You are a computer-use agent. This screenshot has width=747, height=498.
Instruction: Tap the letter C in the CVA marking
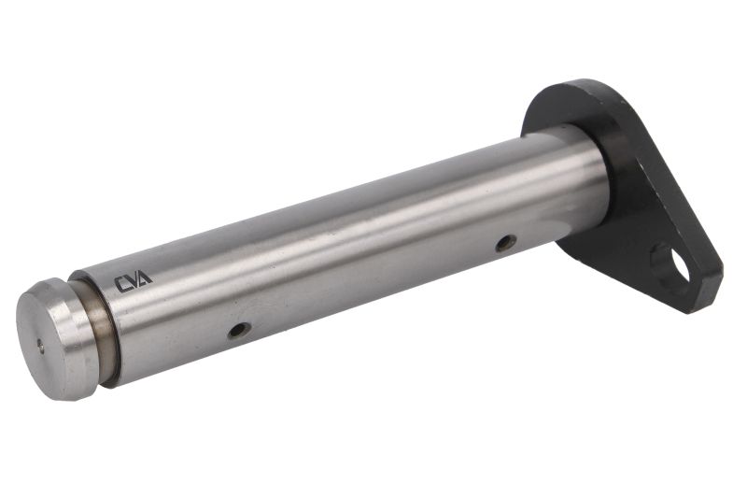click(121, 284)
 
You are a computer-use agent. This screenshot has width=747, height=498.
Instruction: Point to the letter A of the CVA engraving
click(144, 277)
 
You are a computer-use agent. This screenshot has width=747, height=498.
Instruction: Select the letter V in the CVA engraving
click(132, 281)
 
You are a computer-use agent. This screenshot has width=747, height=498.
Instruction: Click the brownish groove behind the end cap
click(101, 329)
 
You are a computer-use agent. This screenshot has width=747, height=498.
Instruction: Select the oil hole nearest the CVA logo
click(239, 330)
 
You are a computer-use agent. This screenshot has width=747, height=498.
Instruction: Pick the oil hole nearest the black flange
click(506, 243)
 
